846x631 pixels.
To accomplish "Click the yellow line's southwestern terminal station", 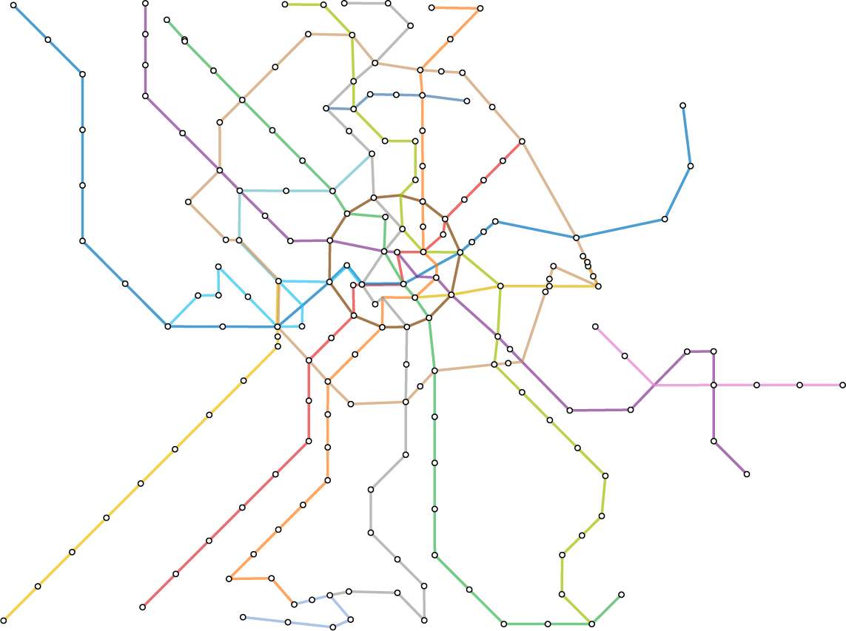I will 4,620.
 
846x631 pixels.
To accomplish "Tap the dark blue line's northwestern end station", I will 13,6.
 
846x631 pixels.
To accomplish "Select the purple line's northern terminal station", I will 145,4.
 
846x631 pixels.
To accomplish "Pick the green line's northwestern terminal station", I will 167,20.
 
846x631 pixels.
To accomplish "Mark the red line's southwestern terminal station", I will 142,607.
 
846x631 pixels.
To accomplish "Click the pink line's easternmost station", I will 842,385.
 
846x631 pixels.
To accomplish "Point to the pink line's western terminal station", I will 595,326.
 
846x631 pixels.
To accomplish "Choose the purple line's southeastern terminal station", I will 747,474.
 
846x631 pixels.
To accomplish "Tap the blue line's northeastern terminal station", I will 682,106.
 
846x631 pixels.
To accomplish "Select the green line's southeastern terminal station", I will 621,595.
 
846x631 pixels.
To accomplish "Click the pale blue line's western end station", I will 243,617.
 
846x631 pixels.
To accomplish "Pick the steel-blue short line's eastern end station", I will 467,101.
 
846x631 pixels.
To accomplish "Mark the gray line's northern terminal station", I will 345,4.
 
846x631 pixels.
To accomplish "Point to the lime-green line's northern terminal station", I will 285,5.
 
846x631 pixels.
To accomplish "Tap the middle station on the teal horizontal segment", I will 286,191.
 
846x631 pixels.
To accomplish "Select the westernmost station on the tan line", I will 189,202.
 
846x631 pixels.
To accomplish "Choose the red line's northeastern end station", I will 522,141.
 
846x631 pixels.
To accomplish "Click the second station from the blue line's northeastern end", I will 690,166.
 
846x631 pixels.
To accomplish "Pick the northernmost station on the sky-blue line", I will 218,267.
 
